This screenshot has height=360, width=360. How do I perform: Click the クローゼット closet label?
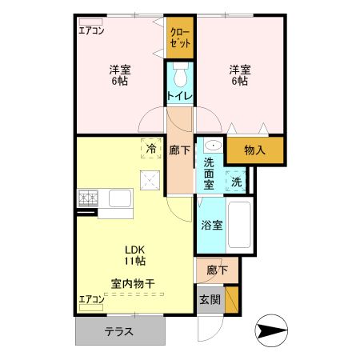coord(181,38)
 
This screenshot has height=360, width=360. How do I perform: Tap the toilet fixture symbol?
coord(181,78)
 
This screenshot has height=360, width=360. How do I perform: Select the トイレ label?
coord(180,96)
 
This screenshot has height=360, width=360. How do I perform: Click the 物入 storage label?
coord(255,149)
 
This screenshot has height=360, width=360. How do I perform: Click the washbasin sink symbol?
coord(211,146)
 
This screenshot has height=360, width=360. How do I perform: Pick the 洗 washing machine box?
coord(236,182)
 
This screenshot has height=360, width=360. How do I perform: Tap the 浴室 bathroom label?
coord(212,225)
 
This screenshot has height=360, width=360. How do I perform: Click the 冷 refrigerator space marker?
coord(152,148)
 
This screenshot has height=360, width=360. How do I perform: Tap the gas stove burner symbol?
coord(87,195)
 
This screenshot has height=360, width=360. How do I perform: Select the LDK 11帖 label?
coord(133,254)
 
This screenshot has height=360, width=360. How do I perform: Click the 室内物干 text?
coord(133,283)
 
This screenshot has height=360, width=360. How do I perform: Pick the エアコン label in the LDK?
coord(92,300)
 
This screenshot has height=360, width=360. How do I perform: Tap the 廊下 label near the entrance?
coord(217,270)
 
